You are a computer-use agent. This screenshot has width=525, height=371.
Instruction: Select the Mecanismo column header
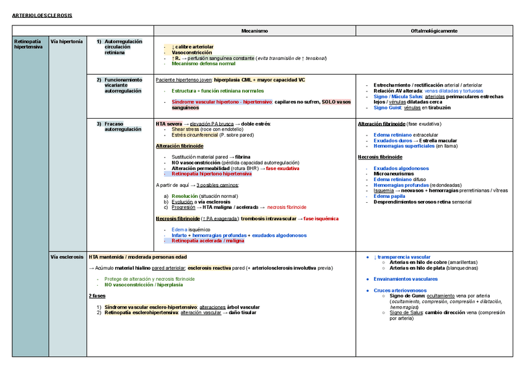(254, 30)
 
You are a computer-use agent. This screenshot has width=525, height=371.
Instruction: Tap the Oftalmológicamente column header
(434, 30)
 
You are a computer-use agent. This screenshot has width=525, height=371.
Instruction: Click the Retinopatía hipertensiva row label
(28, 44)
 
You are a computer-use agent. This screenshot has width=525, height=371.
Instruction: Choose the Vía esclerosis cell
(67, 257)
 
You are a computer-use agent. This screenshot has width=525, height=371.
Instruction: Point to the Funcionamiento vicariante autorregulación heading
(123, 85)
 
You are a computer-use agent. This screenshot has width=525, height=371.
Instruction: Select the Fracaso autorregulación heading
(123, 127)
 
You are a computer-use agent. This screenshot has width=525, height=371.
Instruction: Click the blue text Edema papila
(389, 196)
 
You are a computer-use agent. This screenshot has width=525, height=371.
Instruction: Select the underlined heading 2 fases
(98, 296)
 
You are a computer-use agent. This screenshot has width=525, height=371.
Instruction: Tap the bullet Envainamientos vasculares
(406, 279)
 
